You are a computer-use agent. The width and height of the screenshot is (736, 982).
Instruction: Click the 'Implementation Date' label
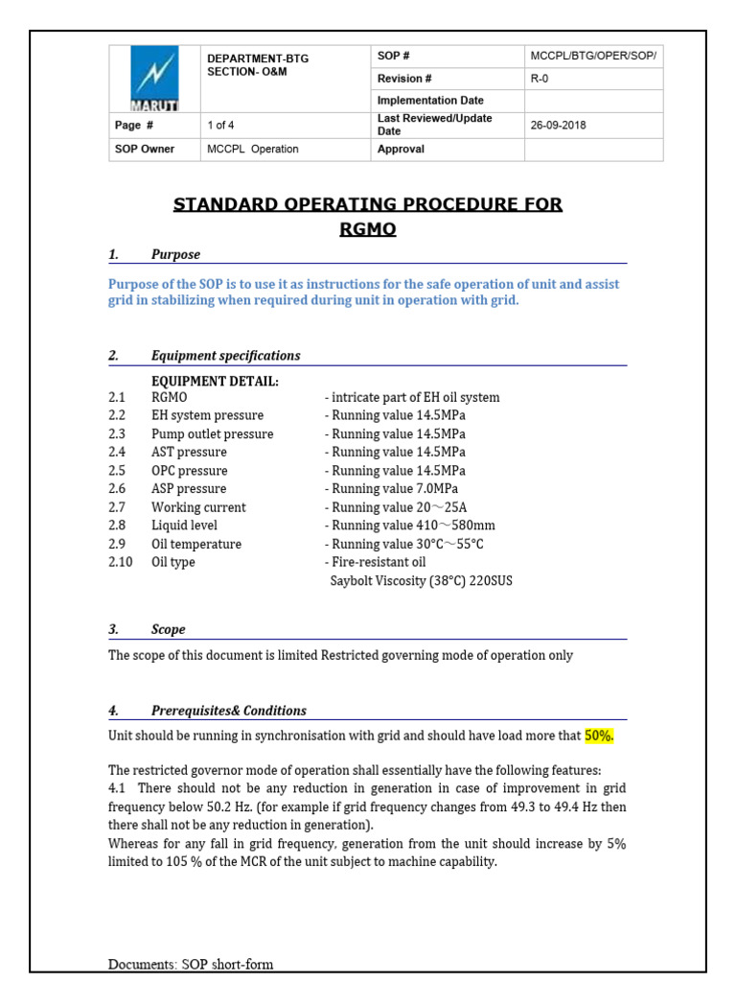click(x=430, y=101)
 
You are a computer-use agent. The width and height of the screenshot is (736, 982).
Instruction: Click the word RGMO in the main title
click(x=367, y=229)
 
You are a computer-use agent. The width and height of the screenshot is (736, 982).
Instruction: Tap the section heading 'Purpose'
click(x=175, y=254)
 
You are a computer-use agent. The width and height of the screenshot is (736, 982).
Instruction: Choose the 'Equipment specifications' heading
click(x=225, y=356)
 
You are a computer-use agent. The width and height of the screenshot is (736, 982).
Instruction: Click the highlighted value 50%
click(x=599, y=736)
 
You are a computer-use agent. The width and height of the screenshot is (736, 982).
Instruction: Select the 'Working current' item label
click(x=198, y=507)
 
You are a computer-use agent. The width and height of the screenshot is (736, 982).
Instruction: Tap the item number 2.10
click(x=121, y=562)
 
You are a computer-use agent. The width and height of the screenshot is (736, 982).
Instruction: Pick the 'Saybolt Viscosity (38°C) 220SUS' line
click(x=421, y=581)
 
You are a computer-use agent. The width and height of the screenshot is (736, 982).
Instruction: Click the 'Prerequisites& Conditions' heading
click(x=229, y=711)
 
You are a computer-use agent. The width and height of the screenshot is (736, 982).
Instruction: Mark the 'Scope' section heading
click(x=169, y=630)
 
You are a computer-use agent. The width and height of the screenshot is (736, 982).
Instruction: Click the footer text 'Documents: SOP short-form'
click(x=195, y=964)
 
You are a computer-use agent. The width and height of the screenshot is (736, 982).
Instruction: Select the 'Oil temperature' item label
click(x=196, y=544)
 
